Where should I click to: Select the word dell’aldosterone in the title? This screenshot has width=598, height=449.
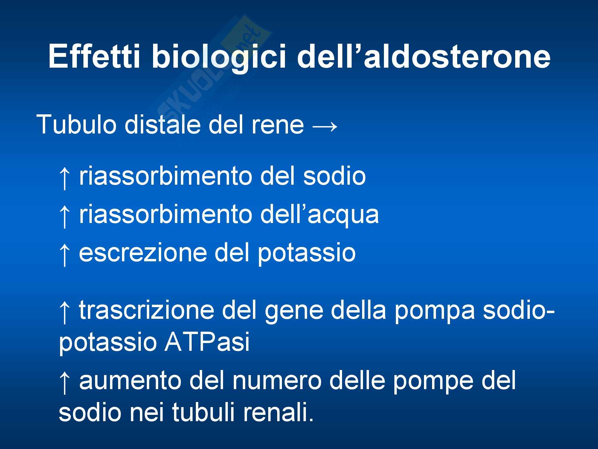[x=423, y=56]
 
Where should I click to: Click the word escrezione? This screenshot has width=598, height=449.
[x=143, y=253]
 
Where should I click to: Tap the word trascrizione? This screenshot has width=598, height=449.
[x=147, y=310]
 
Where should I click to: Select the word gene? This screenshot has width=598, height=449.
[x=294, y=313]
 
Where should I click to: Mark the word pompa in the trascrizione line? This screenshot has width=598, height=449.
[x=434, y=313]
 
